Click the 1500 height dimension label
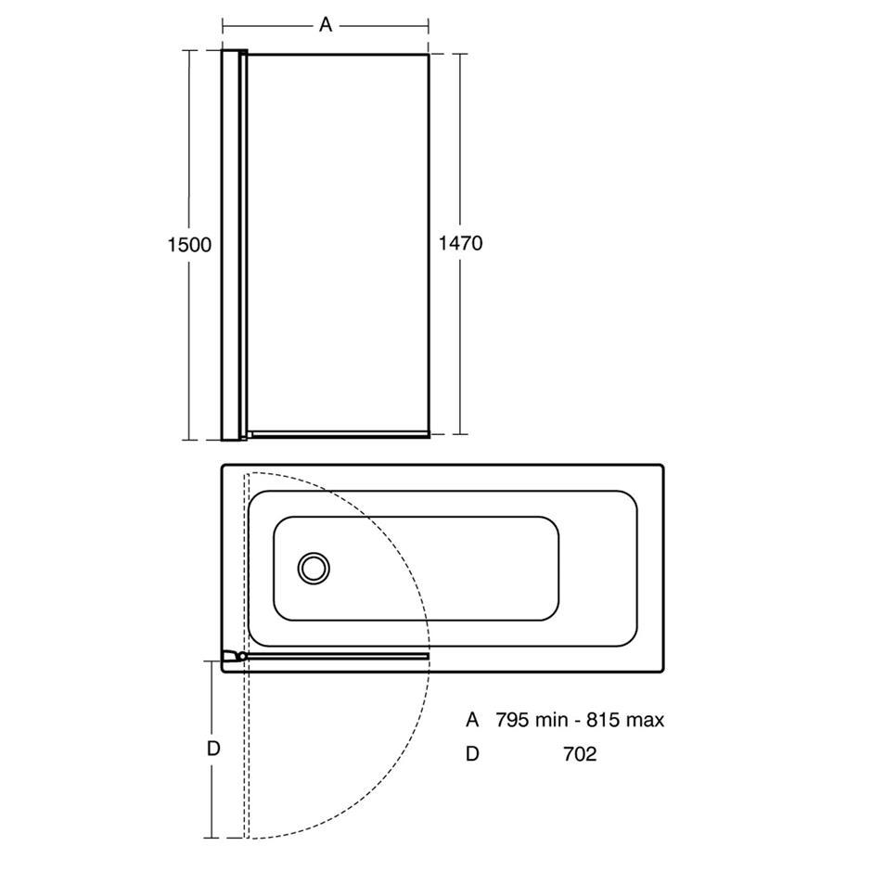pos(189,245)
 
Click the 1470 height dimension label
pos(460,243)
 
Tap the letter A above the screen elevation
pos(326,24)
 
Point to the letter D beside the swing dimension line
pos(213,749)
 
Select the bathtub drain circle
pos(314,569)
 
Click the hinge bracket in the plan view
pos(234,656)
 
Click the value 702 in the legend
pos(580,753)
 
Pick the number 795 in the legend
pos(512,720)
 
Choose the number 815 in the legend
pos(603,720)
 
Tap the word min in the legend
pos(552,720)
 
